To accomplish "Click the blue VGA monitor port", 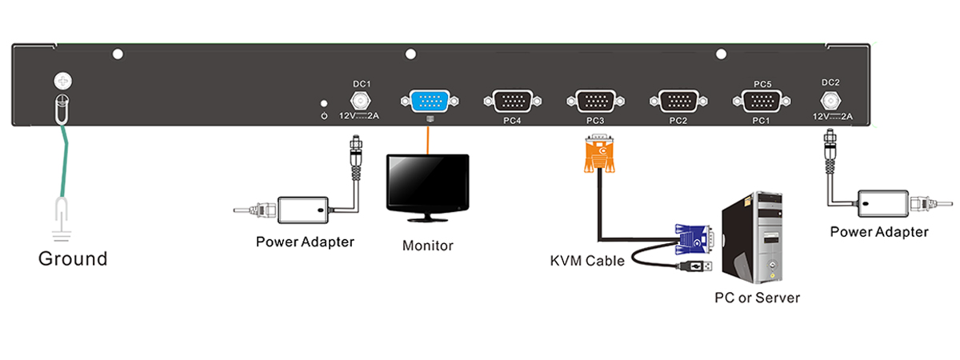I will [x=430, y=102].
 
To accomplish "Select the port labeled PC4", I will [x=513, y=102].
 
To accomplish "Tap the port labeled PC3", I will [x=595, y=102].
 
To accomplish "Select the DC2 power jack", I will [x=830, y=102].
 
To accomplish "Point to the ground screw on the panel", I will [x=62, y=81].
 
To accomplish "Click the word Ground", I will [x=73, y=259].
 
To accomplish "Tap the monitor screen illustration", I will [x=426, y=182].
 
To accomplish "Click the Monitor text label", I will [x=427, y=246].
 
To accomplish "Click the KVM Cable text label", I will [x=587, y=261].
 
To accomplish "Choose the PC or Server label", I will [x=757, y=298].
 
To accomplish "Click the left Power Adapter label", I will [x=305, y=241].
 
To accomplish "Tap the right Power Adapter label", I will [x=879, y=232].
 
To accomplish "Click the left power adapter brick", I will [x=303, y=210].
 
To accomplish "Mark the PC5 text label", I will [x=762, y=83].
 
